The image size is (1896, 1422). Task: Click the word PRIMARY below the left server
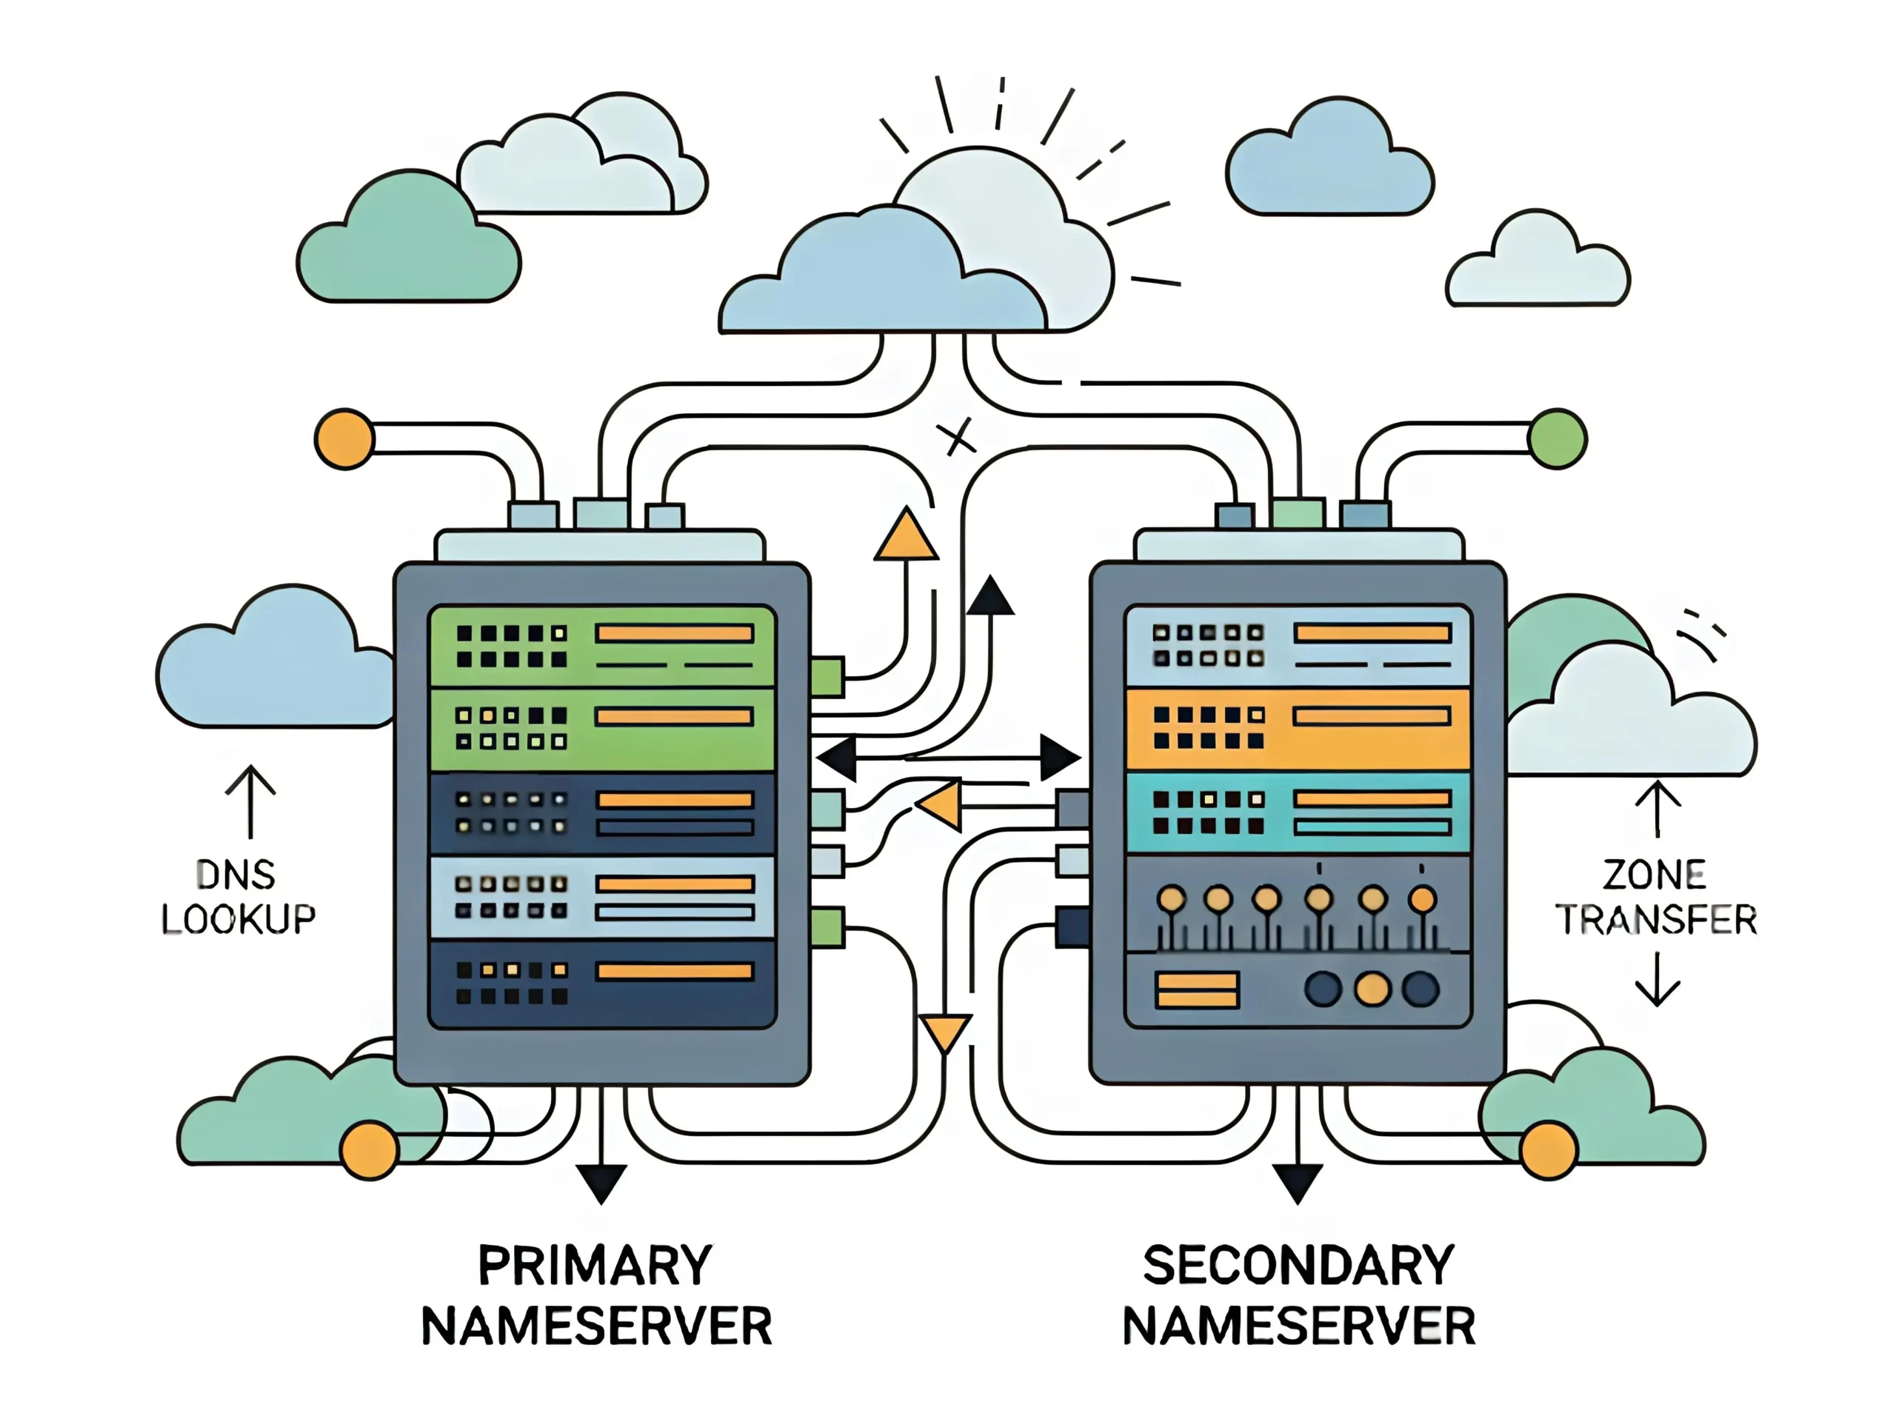[x=595, y=1265]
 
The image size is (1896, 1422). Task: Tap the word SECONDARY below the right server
[x=1298, y=1265]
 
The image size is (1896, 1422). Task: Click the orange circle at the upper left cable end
[x=344, y=439]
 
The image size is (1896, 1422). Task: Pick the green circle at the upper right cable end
[x=1558, y=439]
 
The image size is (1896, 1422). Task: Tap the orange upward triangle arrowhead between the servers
[x=906, y=536]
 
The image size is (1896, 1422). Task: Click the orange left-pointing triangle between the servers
[x=941, y=805]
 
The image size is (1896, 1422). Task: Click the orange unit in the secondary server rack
[x=1298, y=728]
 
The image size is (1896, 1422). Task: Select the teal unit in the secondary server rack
[x=1298, y=812]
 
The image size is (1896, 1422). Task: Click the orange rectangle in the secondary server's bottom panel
[x=1197, y=989]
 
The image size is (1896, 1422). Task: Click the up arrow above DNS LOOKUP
[x=250, y=801]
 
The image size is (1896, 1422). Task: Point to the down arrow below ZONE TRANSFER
[x=1657, y=980]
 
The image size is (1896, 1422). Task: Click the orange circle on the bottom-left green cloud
[x=370, y=1150]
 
